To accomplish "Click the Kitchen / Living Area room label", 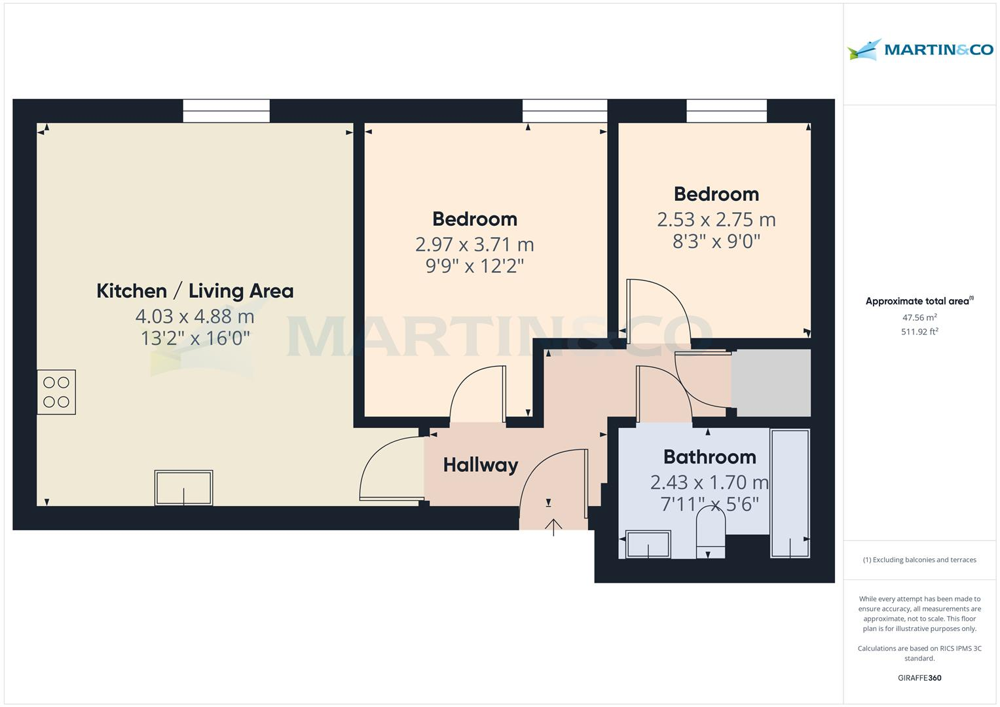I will [194, 291].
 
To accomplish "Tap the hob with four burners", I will [56, 392].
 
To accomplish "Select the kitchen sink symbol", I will [183, 488].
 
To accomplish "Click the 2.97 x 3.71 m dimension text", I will [474, 244].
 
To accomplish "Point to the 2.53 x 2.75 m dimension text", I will [716, 219].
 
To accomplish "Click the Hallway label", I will [480, 465].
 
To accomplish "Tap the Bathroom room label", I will [709, 456].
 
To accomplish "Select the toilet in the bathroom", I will [711, 532].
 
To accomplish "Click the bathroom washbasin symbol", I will [648, 544].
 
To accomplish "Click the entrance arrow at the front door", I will [553, 526].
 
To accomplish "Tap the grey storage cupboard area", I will [771, 383].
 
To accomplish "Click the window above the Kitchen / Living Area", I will [226, 111].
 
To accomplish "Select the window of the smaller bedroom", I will [726, 111].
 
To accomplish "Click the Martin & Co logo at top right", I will [920, 50].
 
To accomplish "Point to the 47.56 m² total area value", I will [919, 318].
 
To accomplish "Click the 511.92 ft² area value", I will [919, 332].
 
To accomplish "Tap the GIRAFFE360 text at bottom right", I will [919, 678].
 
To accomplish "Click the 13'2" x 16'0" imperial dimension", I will [195, 338].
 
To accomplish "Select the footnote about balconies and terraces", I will [919, 560].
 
